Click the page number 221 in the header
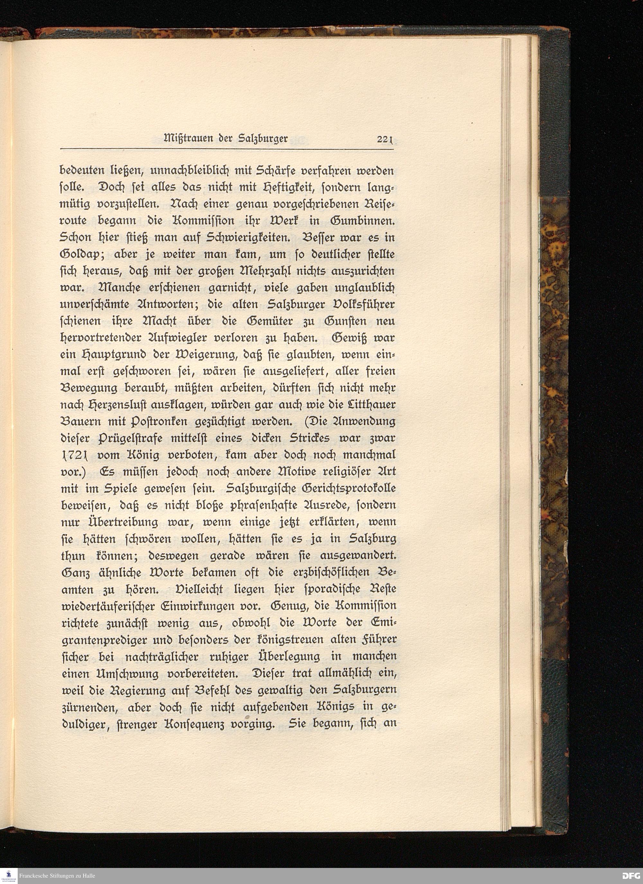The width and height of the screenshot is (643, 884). tap(386, 139)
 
